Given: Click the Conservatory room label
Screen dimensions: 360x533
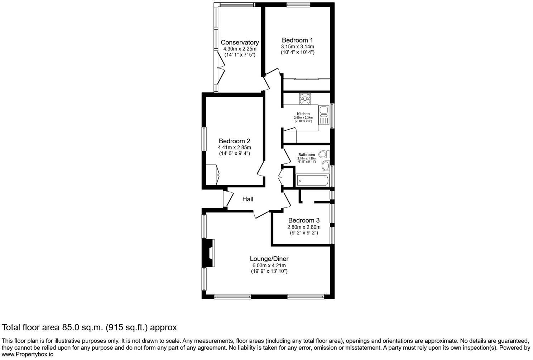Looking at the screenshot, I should pyautogui.click(x=240, y=42).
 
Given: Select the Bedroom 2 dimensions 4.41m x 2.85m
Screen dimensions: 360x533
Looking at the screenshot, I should pyautogui.click(x=234, y=147).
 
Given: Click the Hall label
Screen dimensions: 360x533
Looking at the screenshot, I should pyautogui.click(x=248, y=199).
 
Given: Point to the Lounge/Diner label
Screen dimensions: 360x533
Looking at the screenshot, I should pyautogui.click(x=269, y=259).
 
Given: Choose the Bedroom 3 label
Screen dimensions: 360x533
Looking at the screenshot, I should pyautogui.click(x=304, y=220).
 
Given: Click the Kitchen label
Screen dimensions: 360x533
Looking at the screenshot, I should pyautogui.click(x=303, y=114).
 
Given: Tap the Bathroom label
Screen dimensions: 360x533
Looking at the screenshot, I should pyautogui.click(x=306, y=155).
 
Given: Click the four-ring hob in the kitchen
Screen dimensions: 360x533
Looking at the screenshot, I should pyautogui.click(x=305, y=99).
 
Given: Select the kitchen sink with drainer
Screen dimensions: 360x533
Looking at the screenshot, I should pyautogui.click(x=324, y=115).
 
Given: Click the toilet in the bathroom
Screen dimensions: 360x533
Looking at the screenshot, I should pyautogui.click(x=323, y=154).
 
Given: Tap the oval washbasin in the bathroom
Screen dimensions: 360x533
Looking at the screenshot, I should pyautogui.click(x=326, y=165).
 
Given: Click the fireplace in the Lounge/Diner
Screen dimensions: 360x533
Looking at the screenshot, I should pyautogui.click(x=208, y=253).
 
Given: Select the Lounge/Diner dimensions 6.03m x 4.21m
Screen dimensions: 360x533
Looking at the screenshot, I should pyautogui.click(x=269, y=265).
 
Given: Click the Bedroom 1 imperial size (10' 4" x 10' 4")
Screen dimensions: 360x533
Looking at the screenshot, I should pyautogui.click(x=297, y=52).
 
